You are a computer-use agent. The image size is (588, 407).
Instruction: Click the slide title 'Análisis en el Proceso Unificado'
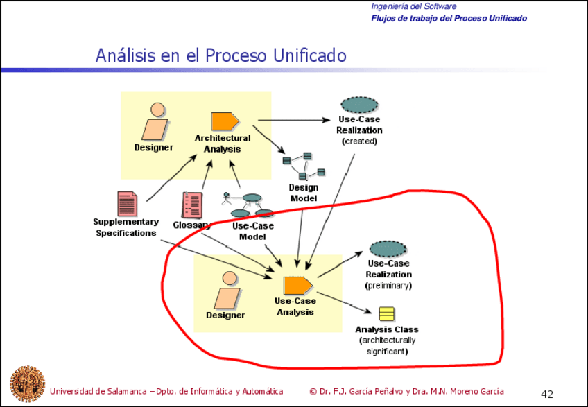click(x=221, y=55)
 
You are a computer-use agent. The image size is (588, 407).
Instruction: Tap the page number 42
click(x=547, y=395)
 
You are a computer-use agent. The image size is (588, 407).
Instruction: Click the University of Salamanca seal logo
click(x=27, y=383)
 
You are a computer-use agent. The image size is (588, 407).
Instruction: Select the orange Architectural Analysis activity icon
click(x=225, y=121)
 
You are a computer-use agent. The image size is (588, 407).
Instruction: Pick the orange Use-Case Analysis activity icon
click(x=297, y=286)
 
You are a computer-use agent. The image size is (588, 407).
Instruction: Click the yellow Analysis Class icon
click(x=387, y=314)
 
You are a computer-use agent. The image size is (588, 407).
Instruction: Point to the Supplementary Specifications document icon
click(x=127, y=204)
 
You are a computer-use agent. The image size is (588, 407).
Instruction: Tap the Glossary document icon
click(x=192, y=205)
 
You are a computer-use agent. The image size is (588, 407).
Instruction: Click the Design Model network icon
click(x=304, y=166)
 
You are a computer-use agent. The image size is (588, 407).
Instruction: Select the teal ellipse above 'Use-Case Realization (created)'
click(x=359, y=105)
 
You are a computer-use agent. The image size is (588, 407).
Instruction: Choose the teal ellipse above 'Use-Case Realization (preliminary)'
click(x=388, y=249)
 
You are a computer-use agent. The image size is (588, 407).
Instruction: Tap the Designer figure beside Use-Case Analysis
click(x=228, y=290)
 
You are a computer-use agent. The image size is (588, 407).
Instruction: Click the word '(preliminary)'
click(x=388, y=286)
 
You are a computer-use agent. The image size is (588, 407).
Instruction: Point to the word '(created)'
click(x=359, y=141)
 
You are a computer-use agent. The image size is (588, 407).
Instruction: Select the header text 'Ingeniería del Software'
click(x=414, y=6)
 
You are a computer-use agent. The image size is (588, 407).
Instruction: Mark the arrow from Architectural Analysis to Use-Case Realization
click(x=294, y=120)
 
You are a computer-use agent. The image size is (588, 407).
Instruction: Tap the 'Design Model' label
click(x=304, y=193)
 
